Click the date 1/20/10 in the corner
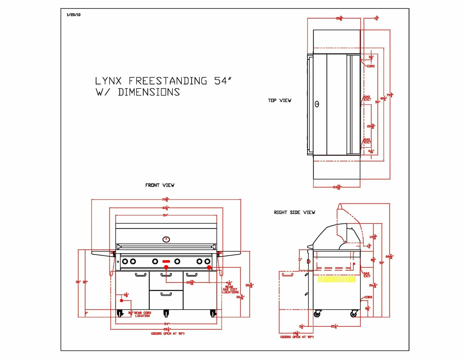pos(74,15)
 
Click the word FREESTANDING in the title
pos(168,81)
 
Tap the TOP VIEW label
pos(280,100)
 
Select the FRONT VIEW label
pos(160,185)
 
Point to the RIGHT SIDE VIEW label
pos(295,212)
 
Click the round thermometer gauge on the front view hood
pos(166,239)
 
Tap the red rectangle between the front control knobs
pos(166,262)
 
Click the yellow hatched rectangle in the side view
pos(336,279)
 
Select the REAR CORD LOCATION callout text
pos(143,314)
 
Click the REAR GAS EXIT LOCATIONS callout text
pos(230,289)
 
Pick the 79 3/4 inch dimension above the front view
pos(166,199)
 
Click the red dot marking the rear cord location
pos(121,301)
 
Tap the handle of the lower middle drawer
pos(166,294)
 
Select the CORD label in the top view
pos(371,66)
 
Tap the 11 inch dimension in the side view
pos(300,259)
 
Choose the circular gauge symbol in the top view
pos(317,104)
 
